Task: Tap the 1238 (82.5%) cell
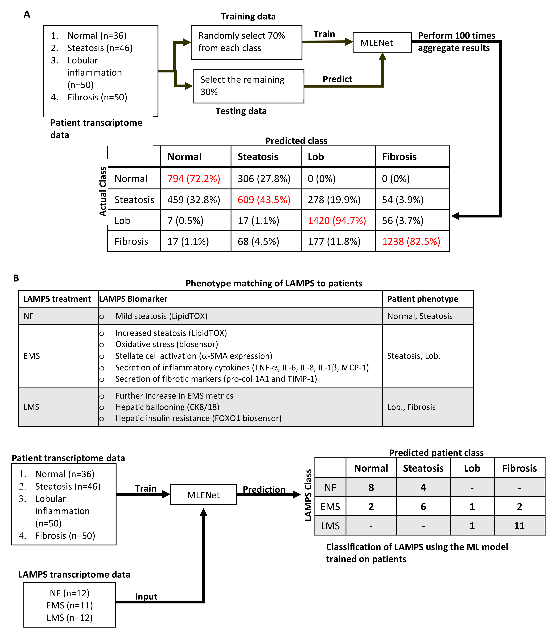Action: tap(411, 241)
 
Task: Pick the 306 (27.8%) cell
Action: tap(264, 179)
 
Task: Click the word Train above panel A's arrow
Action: tap(324, 34)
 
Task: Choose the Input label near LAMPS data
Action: tap(146, 597)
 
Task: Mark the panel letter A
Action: tap(27, 15)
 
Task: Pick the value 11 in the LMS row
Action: tap(519, 526)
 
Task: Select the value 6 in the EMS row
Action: tap(423, 507)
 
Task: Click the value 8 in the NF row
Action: tap(371, 487)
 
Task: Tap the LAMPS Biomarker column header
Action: tap(133, 299)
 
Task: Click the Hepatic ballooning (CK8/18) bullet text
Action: tap(167, 407)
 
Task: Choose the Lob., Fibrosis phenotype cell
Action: tap(411, 407)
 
